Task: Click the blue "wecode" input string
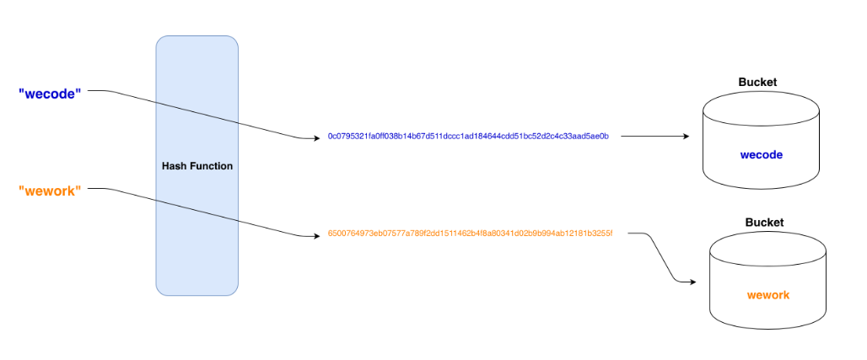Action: (x=49, y=93)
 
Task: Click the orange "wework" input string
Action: (x=50, y=191)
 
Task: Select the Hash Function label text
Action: (x=197, y=166)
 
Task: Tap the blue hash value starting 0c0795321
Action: (x=468, y=136)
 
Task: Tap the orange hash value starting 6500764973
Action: (x=470, y=234)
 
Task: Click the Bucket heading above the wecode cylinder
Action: (x=757, y=83)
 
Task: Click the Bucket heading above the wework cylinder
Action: (x=764, y=223)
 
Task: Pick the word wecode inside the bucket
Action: (x=761, y=155)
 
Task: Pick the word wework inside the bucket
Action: (x=767, y=296)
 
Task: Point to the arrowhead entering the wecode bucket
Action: (x=684, y=136)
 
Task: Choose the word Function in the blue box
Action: (x=210, y=166)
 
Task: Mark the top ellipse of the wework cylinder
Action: (x=767, y=247)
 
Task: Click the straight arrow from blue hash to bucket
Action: (x=649, y=136)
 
